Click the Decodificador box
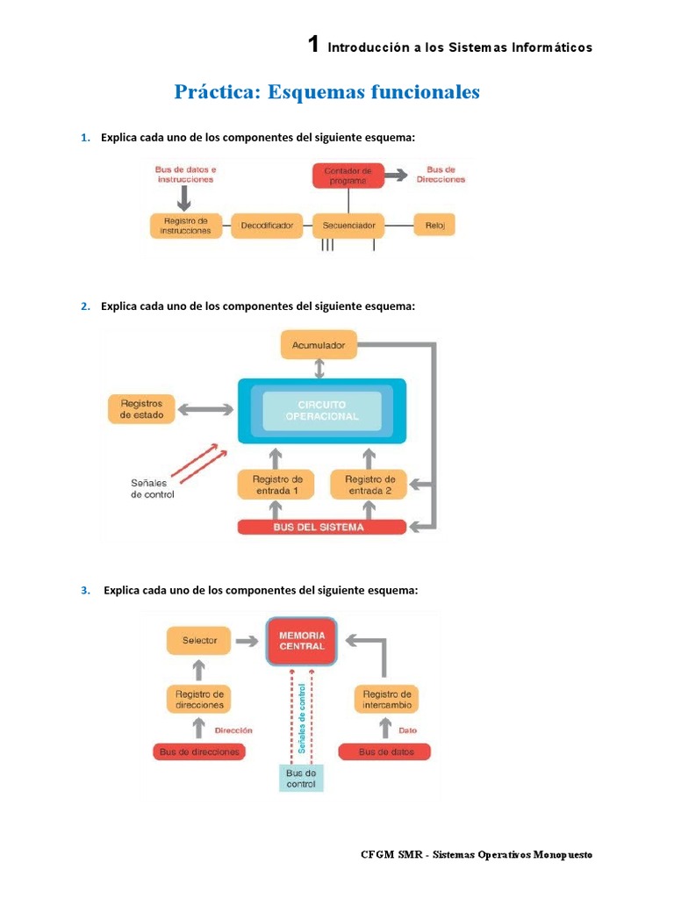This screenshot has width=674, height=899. (x=267, y=226)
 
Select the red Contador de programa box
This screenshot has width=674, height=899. (x=348, y=175)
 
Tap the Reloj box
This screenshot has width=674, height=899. (x=435, y=226)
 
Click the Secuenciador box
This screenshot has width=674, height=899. (x=348, y=226)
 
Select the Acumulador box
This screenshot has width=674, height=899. (x=319, y=345)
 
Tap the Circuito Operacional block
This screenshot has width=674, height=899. (x=322, y=411)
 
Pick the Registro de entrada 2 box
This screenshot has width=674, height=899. (x=369, y=485)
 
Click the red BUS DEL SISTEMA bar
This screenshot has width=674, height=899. (x=322, y=528)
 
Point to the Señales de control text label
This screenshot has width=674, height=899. (x=153, y=488)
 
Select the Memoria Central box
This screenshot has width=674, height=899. (x=302, y=640)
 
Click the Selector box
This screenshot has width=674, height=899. (x=199, y=640)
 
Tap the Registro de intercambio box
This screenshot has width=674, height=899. (x=386, y=700)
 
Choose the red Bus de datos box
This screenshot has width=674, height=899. (x=386, y=752)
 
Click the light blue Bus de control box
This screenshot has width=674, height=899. (x=301, y=778)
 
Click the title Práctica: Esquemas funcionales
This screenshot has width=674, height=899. (x=326, y=92)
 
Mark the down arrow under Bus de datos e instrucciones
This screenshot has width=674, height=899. (x=185, y=198)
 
